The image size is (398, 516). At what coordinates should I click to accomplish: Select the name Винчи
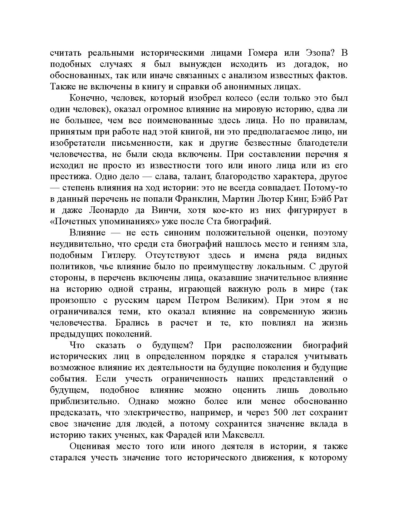pyautogui.click(x=165, y=210)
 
